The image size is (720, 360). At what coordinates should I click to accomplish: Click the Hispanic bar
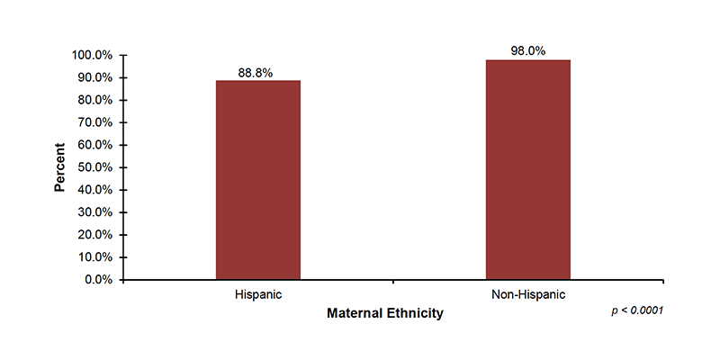[257, 180]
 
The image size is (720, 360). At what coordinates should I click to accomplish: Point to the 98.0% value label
[527, 51]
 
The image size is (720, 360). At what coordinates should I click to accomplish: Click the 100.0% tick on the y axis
[92, 55]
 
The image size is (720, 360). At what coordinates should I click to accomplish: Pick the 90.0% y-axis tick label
[94, 77]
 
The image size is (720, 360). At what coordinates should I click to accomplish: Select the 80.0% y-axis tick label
[94, 100]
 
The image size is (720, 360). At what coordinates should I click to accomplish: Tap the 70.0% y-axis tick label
[94, 122]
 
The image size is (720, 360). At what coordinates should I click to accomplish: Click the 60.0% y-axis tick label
[94, 145]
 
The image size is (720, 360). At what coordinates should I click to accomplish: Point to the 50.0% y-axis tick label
[94, 167]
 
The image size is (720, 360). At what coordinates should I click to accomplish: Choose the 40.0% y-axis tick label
[94, 190]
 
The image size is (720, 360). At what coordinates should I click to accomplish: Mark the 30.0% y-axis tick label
[94, 212]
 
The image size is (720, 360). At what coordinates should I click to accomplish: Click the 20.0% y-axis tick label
[94, 235]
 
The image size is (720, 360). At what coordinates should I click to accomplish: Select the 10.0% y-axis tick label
[94, 257]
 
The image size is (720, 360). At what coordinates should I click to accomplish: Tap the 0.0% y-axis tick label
[97, 280]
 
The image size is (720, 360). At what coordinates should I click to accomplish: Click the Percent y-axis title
[59, 167]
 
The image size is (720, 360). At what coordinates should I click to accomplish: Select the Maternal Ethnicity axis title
[384, 313]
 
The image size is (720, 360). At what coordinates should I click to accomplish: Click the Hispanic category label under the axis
[257, 295]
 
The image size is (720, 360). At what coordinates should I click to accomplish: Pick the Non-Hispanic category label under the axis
[527, 295]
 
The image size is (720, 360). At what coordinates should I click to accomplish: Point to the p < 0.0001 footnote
[637, 310]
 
